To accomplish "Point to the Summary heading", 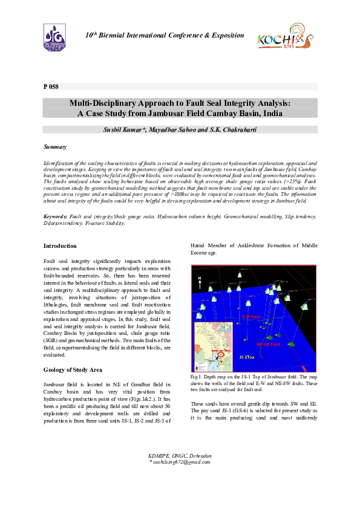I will pyautogui.click(x=55, y=147).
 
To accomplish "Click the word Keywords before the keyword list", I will pyautogui.click(x=55, y=216).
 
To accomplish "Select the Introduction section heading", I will pyautogui.click(x=60, y=246).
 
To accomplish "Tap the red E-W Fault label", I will pyautogui.click(x=250, y=316).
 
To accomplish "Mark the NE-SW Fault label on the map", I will pyautogui.click(x=267, y=344).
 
